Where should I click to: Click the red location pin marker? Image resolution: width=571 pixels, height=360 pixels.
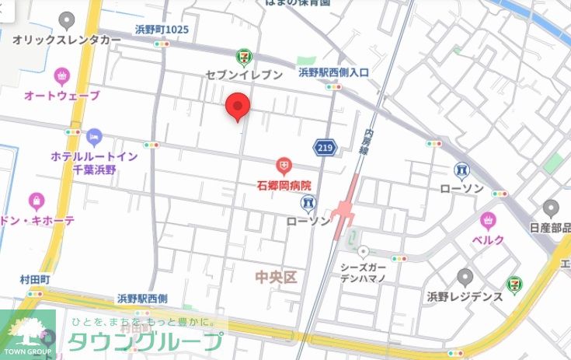coord(237,107)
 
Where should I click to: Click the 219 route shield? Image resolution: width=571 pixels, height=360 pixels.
coord(326,146)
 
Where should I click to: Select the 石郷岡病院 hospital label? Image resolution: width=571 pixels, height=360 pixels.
coord(284,186)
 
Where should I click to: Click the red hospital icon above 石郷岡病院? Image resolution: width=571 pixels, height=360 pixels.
coord(284,166)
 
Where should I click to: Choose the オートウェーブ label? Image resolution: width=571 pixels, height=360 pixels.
coord(62,96)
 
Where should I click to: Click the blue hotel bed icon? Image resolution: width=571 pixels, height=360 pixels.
coord(95,138)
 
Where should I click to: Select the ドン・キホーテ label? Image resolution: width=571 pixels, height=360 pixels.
coord(39,221)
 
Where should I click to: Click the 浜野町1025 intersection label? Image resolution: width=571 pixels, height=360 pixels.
coord(162,30)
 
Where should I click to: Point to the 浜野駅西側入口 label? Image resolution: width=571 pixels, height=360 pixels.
coord(333,72)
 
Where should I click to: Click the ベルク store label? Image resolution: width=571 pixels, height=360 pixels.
coord(489,239)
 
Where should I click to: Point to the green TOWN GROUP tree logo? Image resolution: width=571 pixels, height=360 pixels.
coord(28,330)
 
